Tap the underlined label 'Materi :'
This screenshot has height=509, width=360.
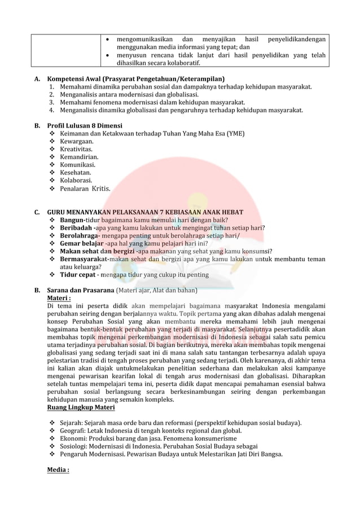tap(59, 299)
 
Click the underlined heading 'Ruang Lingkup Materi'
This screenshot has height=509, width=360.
tap(81, 407)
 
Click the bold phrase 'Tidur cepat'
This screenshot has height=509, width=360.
tap(78, 275)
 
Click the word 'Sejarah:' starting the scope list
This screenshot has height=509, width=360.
tap(74, 423)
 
